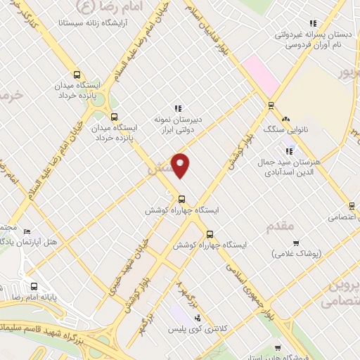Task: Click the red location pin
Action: pos(181,164)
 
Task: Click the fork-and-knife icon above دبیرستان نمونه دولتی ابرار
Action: pos(178,108)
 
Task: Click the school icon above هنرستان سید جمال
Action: pos(289,150)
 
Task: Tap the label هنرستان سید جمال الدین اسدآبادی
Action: pos(295,167)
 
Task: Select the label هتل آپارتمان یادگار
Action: pos(44,241)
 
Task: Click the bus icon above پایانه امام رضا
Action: pos(34,286)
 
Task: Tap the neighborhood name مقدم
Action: pos(281,226)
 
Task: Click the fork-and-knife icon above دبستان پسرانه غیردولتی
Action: pos(313,23)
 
